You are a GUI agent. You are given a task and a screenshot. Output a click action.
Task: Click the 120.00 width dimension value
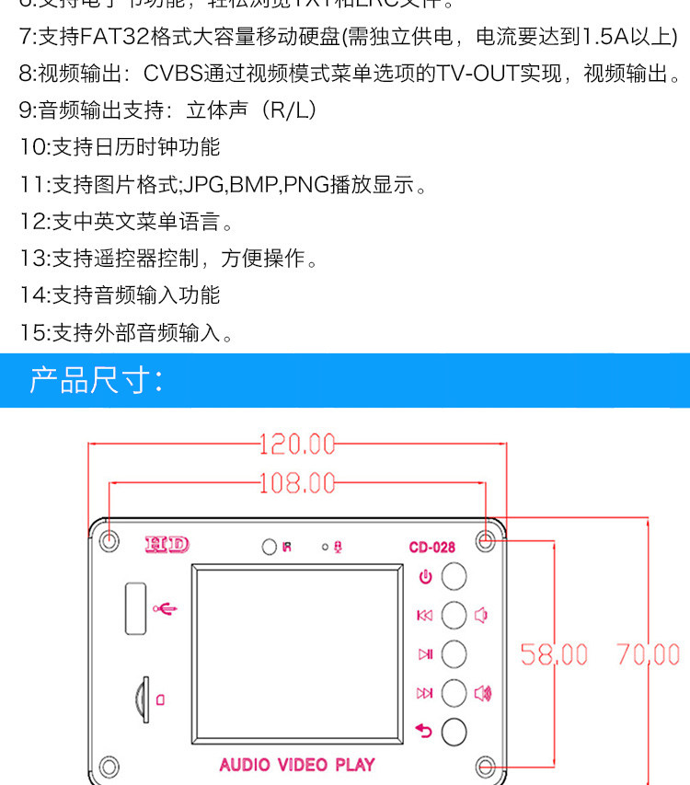296,444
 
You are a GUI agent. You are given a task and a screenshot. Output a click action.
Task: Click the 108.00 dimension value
296,482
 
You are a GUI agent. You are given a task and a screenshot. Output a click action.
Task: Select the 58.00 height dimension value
554,654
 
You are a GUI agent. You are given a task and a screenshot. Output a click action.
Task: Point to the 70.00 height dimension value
649,654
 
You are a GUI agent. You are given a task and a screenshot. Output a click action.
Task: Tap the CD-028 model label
431,548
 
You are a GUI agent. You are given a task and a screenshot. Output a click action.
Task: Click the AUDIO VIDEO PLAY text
297,764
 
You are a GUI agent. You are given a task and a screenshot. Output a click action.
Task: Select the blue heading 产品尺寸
96,380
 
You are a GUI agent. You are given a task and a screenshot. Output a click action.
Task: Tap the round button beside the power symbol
454,577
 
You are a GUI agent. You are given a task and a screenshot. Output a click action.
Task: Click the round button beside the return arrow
454,732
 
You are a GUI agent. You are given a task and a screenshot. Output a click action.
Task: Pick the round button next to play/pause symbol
454,654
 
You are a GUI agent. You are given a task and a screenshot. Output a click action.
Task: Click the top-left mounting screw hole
109,541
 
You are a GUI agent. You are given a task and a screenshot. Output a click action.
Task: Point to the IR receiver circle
269,548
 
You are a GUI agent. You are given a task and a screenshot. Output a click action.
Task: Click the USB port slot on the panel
135,607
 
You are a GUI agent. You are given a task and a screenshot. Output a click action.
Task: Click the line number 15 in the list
32,332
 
